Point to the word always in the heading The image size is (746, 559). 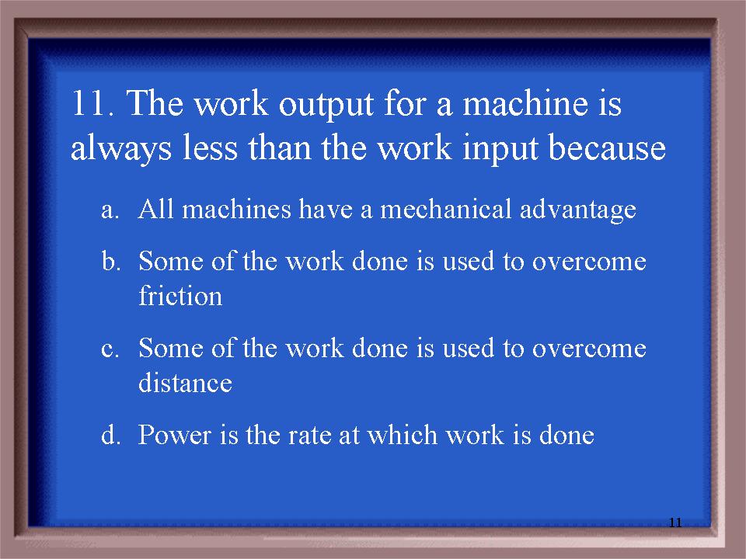tap(121, 149)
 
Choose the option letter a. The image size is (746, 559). tap(110, 210)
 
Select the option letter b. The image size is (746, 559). tap(110, 261)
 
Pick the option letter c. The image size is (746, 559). tap(110, 349)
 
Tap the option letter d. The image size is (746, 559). tap(110, 435)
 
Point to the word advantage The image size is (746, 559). tap(577, 210)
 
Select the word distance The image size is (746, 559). tap(185, 382)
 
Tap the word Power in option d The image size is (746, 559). tap(174, 435)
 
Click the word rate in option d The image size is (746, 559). tap(309, 436)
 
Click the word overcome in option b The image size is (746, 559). tap(589, 262)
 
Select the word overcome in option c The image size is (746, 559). tap(589, 349)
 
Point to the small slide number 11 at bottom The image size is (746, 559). tap(675, 523)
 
